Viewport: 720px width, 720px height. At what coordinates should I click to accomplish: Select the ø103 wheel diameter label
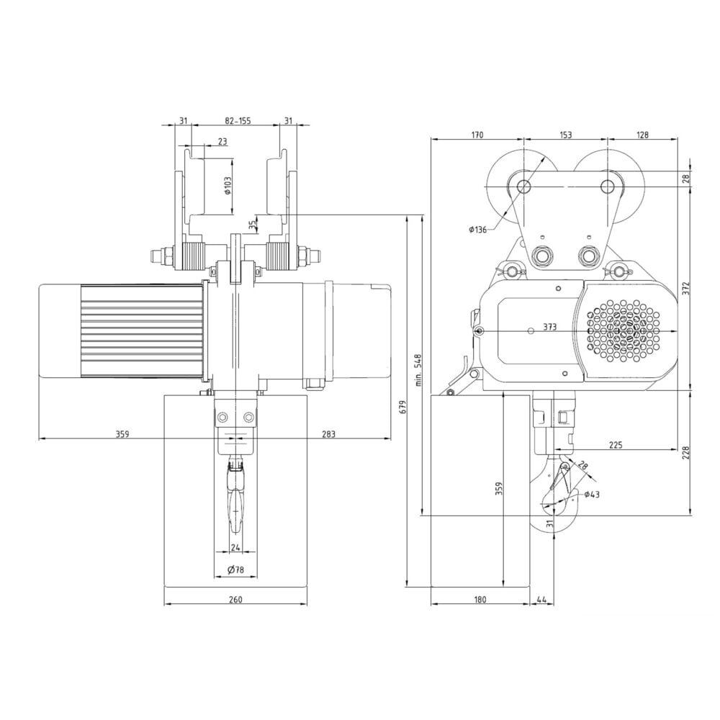(228, 189)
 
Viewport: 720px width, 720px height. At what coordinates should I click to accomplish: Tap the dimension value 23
(222, 142)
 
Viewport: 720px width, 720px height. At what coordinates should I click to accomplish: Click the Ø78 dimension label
(235, 570)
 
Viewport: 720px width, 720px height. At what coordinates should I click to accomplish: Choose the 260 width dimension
(235, 599)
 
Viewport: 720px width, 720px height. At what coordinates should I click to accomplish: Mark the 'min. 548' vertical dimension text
(418, 370)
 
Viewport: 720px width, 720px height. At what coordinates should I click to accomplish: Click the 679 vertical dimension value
(404, 406)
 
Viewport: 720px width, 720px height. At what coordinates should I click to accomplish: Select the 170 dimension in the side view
(476, 135)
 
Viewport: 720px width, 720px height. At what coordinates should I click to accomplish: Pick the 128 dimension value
(643, 135)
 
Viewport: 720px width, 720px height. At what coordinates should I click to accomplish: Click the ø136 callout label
(477, 230)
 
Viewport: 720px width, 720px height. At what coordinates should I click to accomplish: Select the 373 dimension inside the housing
(549, 326)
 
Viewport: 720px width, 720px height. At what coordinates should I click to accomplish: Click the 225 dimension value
(616, 445)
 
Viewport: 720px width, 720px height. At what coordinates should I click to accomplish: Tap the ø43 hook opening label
(592, 494)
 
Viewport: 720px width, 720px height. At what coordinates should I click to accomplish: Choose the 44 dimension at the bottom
(541, 599)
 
